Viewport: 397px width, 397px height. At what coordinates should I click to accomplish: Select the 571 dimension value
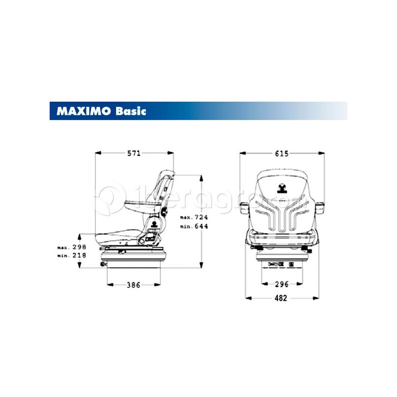click(134, 153)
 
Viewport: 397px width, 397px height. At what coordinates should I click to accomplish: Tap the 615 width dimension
click(281, 153)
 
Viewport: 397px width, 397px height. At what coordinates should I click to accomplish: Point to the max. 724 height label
click(193, 217)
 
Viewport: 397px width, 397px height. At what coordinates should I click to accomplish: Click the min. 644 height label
click(193, 226)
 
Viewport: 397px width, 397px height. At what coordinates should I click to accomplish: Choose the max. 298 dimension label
click(72, 247)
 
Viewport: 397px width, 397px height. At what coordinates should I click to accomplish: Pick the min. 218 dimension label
click(72, 255)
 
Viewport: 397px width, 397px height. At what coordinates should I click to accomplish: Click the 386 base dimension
click(133, 285)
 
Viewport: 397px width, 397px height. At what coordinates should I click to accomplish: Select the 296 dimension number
click(281, 285)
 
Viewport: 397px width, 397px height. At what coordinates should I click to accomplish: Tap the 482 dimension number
click(281, 298)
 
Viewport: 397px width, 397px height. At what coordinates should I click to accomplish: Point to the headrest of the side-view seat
click(166, 177)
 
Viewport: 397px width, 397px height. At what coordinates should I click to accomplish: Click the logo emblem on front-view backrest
click(282, 187)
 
